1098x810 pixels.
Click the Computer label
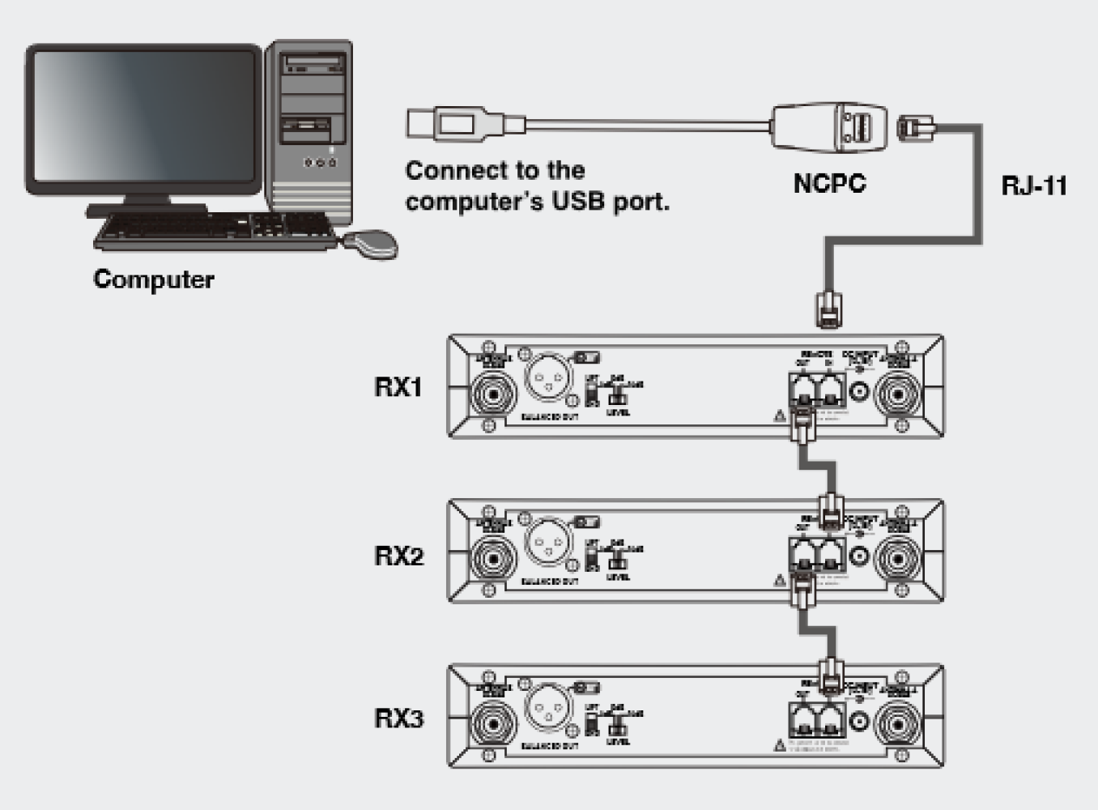tap(154, 279)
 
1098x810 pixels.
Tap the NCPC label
tap(829, 183)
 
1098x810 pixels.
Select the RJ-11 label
tap(1034, 185)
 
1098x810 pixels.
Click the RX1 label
tap(398, 387)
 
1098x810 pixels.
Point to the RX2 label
tap(398, 556)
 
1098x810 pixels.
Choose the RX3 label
tap(398, 718)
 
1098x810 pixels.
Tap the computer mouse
tap(371, 243)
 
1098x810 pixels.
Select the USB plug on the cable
tap(441, 124)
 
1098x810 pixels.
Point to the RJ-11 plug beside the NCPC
tap(916, 128)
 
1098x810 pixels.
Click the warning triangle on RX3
tap(780, 744)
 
